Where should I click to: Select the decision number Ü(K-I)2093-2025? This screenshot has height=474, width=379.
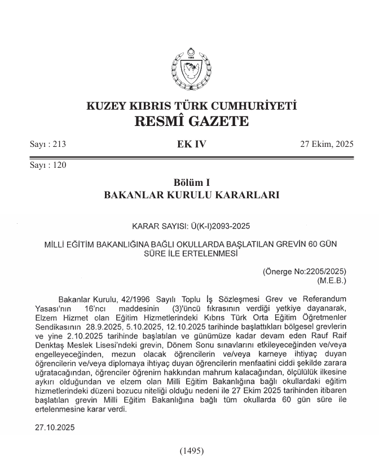(217, 227)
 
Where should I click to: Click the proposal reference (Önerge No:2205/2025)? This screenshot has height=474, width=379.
(305, 271)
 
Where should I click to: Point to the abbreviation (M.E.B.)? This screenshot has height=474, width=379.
(331, 280)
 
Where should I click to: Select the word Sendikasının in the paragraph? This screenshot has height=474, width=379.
(52, 327)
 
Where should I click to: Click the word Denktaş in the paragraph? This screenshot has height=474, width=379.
(50, 345)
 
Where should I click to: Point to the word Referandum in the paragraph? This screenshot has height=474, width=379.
(323, 298)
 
